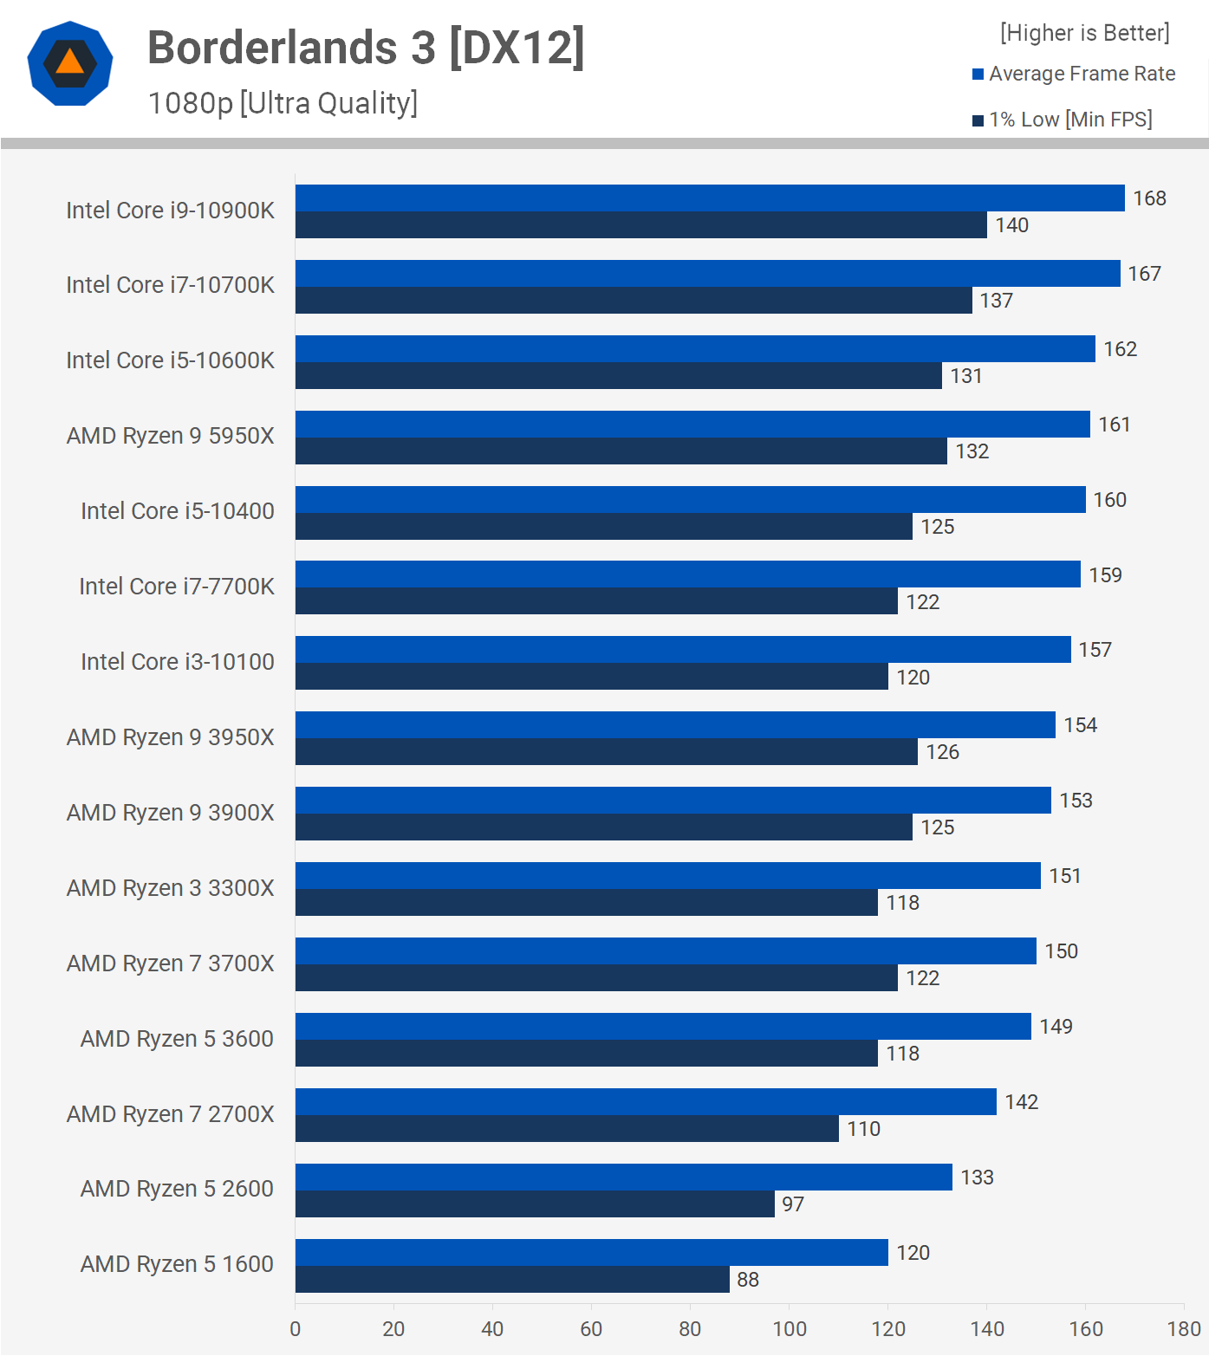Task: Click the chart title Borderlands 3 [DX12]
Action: pos(366,48)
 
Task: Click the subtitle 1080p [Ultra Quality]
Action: pos(283,103)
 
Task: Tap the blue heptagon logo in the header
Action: pos(70,63)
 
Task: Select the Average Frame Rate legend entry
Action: pos(1074,74)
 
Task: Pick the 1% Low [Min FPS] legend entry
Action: pos(1063,120)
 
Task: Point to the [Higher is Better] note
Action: pos(1084,33)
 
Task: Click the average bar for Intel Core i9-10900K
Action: pos(710,198)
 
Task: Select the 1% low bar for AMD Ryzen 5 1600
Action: pos(512,1280)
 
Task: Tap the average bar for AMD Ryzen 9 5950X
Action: pos(692,425)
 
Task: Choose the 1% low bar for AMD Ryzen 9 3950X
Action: pos(607,752)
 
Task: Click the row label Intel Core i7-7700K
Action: pos(177,587)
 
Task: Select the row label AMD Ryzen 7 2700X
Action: pos(171,1114)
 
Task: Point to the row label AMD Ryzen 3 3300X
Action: pos(171,888)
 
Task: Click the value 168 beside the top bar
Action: pos(1149,198)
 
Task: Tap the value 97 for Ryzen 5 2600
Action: pos(793,1204)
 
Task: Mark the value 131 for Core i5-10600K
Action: pos(966,376)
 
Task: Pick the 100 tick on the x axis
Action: pos(790,1329)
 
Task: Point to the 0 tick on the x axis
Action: pos(296,1329)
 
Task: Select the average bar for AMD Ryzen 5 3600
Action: pos(663,1027)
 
